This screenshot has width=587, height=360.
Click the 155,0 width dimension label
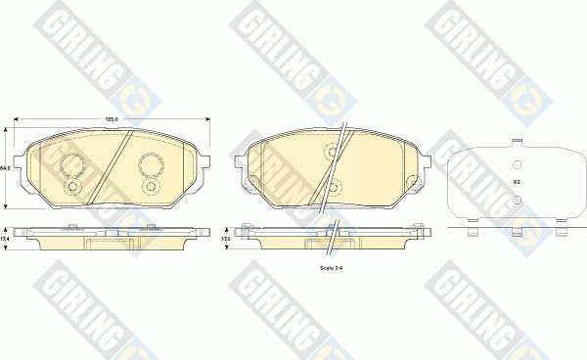point(112,119)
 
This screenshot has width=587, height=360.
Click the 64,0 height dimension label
point(5,168)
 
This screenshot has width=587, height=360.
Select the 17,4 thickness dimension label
point(5,238)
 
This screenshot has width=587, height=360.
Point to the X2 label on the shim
point(516,182)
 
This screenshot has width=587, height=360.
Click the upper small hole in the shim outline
point(518,163)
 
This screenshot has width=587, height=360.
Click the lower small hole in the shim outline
point(518,200)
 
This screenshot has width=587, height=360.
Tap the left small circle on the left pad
point(70,185)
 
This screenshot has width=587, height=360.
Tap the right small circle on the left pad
point(150,185)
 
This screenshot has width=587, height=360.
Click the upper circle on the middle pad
point(332,152)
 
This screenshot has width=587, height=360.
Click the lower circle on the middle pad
point(332,187)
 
